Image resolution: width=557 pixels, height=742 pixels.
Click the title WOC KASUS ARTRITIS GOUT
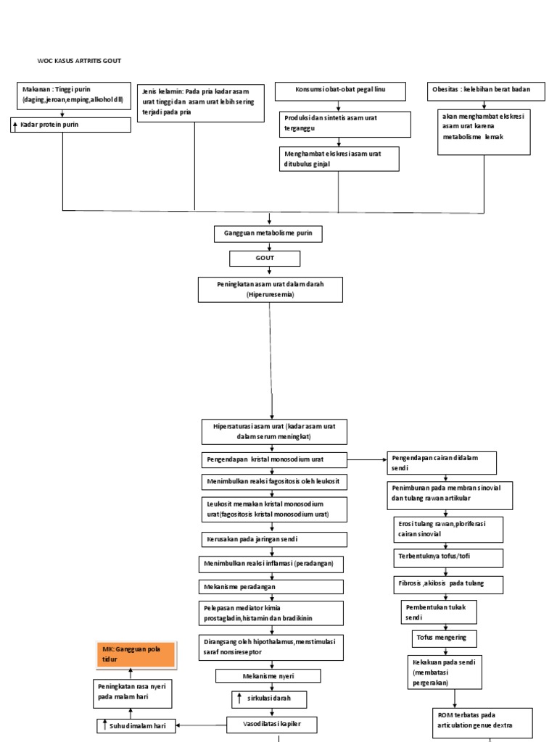tap(79, 61)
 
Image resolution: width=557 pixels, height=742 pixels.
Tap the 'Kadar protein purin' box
tap(71, 125)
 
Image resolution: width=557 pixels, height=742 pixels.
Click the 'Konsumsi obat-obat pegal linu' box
tap(339, 91)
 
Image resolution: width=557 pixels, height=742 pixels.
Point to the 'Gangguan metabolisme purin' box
tap(268, 234)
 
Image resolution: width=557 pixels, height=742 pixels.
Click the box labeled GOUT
tap(263, 258)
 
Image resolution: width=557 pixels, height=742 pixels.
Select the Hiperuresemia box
tap(270, 290)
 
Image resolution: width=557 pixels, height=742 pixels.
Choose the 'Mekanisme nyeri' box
tap(268, 676)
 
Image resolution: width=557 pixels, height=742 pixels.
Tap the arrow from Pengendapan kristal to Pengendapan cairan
tap(366, 459)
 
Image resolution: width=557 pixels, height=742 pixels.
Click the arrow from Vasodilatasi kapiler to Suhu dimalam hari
tap(200, 725)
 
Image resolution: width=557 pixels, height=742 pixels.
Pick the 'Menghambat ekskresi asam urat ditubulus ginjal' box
tap(339, 159)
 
